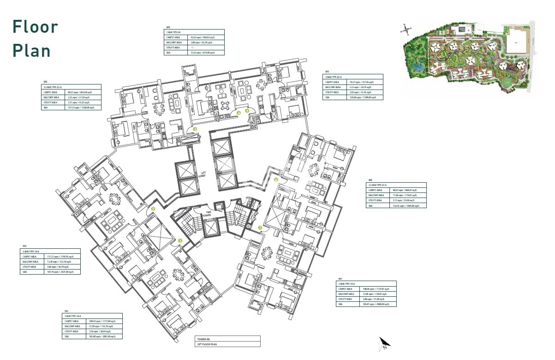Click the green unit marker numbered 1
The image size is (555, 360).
click(x=181, y=240)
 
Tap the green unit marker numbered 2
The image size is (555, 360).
click(x=153, y=209)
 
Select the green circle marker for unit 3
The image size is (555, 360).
click(x=195, y=129)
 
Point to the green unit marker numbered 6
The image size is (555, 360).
click(x=276, y=180)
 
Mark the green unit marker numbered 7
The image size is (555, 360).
click(x=260, y=227)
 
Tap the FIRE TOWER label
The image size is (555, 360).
click(x=209, y=213)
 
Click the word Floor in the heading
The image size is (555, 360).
click(x=36, y=27)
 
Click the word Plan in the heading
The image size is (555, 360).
click(x=31, y=50)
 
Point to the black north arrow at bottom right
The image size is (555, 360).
click(x=384, y=343)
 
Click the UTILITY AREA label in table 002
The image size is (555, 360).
click(x=29, y=267)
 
